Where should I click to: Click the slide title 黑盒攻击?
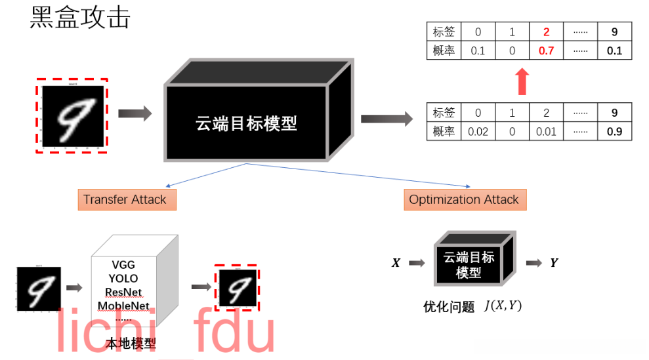(x=80, y=18)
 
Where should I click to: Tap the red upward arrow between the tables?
(x=522, y=81)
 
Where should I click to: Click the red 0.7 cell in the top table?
(x=546, y=50)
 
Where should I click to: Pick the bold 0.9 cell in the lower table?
(x=614, y=131)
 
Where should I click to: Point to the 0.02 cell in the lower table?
(x=478, y=131)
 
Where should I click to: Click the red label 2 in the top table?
(x=546, y=31)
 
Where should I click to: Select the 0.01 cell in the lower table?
(x=546, y=131)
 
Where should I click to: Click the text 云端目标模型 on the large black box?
(x=246, y=123)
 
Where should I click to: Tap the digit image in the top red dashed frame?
(x=71, y=116)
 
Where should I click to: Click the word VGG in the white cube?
(x=123, y=265)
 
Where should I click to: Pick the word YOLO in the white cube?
(x=123, y=279)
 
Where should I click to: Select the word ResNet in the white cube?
(x=123, y=292)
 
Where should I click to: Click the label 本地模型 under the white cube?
(x=131, y=344)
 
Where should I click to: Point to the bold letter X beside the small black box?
(x=396, y=263)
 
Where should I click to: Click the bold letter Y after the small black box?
(x=554, y=263)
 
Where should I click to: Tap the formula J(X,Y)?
(x=502, y=306)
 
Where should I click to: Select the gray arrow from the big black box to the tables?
(x=386, y=119)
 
